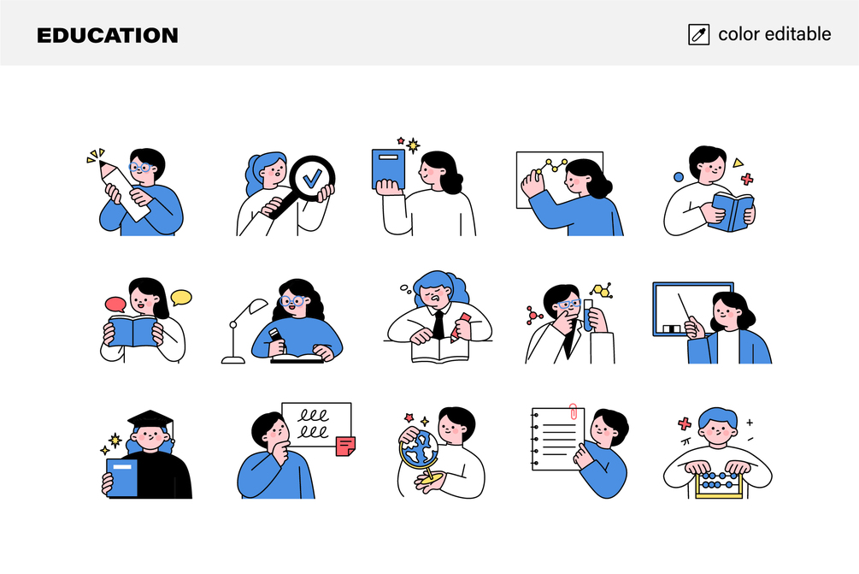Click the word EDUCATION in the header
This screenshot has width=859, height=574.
pyautogui.click(x=108, y=36)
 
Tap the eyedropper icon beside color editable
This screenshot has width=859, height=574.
pyautogui.click(x=698, y=34)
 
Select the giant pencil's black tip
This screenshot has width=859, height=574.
pyautogui.click(x=103, y=164)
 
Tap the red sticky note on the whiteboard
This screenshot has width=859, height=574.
pyautogui.click(x=345, y=447)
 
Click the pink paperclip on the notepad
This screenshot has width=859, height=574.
pyautogui.click(x=573, y=411)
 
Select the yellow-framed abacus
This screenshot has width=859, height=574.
pyautogui.click(x=719, y=485)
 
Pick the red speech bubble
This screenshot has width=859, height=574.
pyautogui.click(x=115, y=305)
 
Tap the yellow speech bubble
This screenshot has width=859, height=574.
pyautogui.click(x=181, y=297)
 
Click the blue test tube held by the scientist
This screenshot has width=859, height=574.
pyautogui.click(x=588, y=317)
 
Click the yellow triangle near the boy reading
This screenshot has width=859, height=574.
pyautogui.click(x=738, y=163)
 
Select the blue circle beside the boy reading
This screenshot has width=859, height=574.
pyautogui.click(x=678, y=177)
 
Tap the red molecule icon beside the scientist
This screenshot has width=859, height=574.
pyautogui.click(x=533, y=316)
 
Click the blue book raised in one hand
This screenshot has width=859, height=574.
pyautogui.click(x=388, y=169)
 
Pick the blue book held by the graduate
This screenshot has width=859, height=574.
pyautogui.click(x=122, y=478)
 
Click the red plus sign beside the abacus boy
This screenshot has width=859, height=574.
pyautogui.click(x=685, y=423)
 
